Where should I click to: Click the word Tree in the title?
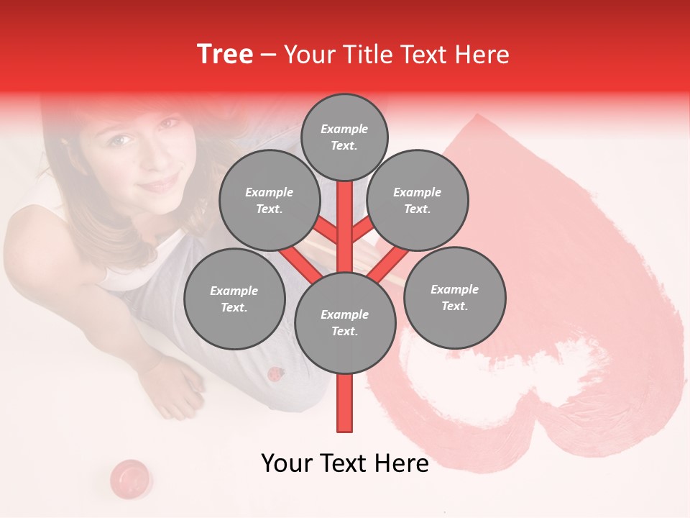click(x=225, y=55)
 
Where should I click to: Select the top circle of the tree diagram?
click(x=344, y=137)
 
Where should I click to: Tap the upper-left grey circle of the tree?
click(x=269, y=200)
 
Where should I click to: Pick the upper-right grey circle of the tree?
click(x=418, y=200)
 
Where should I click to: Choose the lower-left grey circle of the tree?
click(x=234, y=299)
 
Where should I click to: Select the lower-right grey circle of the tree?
click(x=454, y=297)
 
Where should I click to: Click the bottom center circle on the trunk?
click(x=345, y=322)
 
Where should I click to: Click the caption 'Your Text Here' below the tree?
click(x=345, y=463)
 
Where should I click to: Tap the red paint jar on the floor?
click(x=130, y=476)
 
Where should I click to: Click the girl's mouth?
click(x=160, y=183)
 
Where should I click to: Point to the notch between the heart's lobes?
click(x=533, y=403)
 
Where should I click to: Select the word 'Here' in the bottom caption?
click(x=401, y=463)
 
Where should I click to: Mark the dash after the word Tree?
click(x=269, y=55)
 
